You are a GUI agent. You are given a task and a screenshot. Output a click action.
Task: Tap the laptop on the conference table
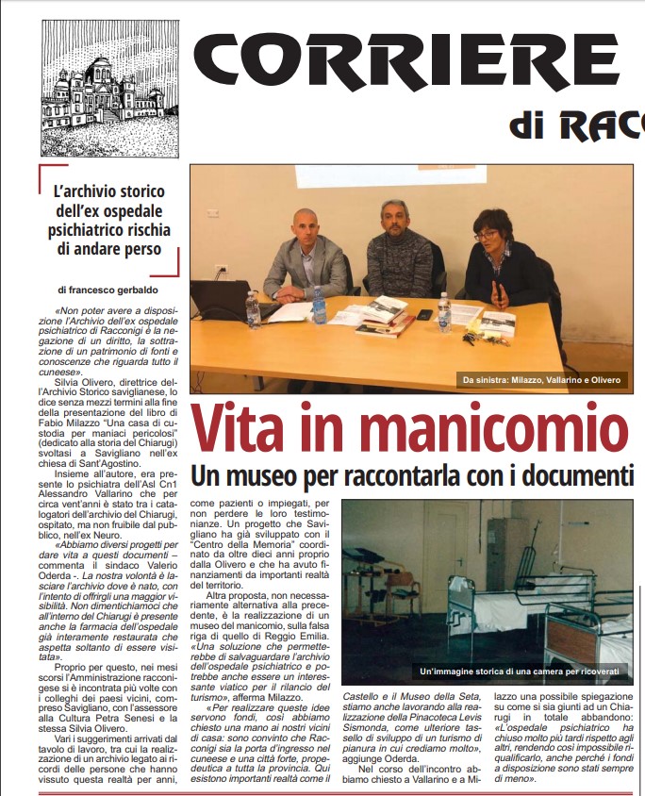pos(221,302)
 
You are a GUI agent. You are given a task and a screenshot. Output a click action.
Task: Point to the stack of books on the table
pos(385,318)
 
